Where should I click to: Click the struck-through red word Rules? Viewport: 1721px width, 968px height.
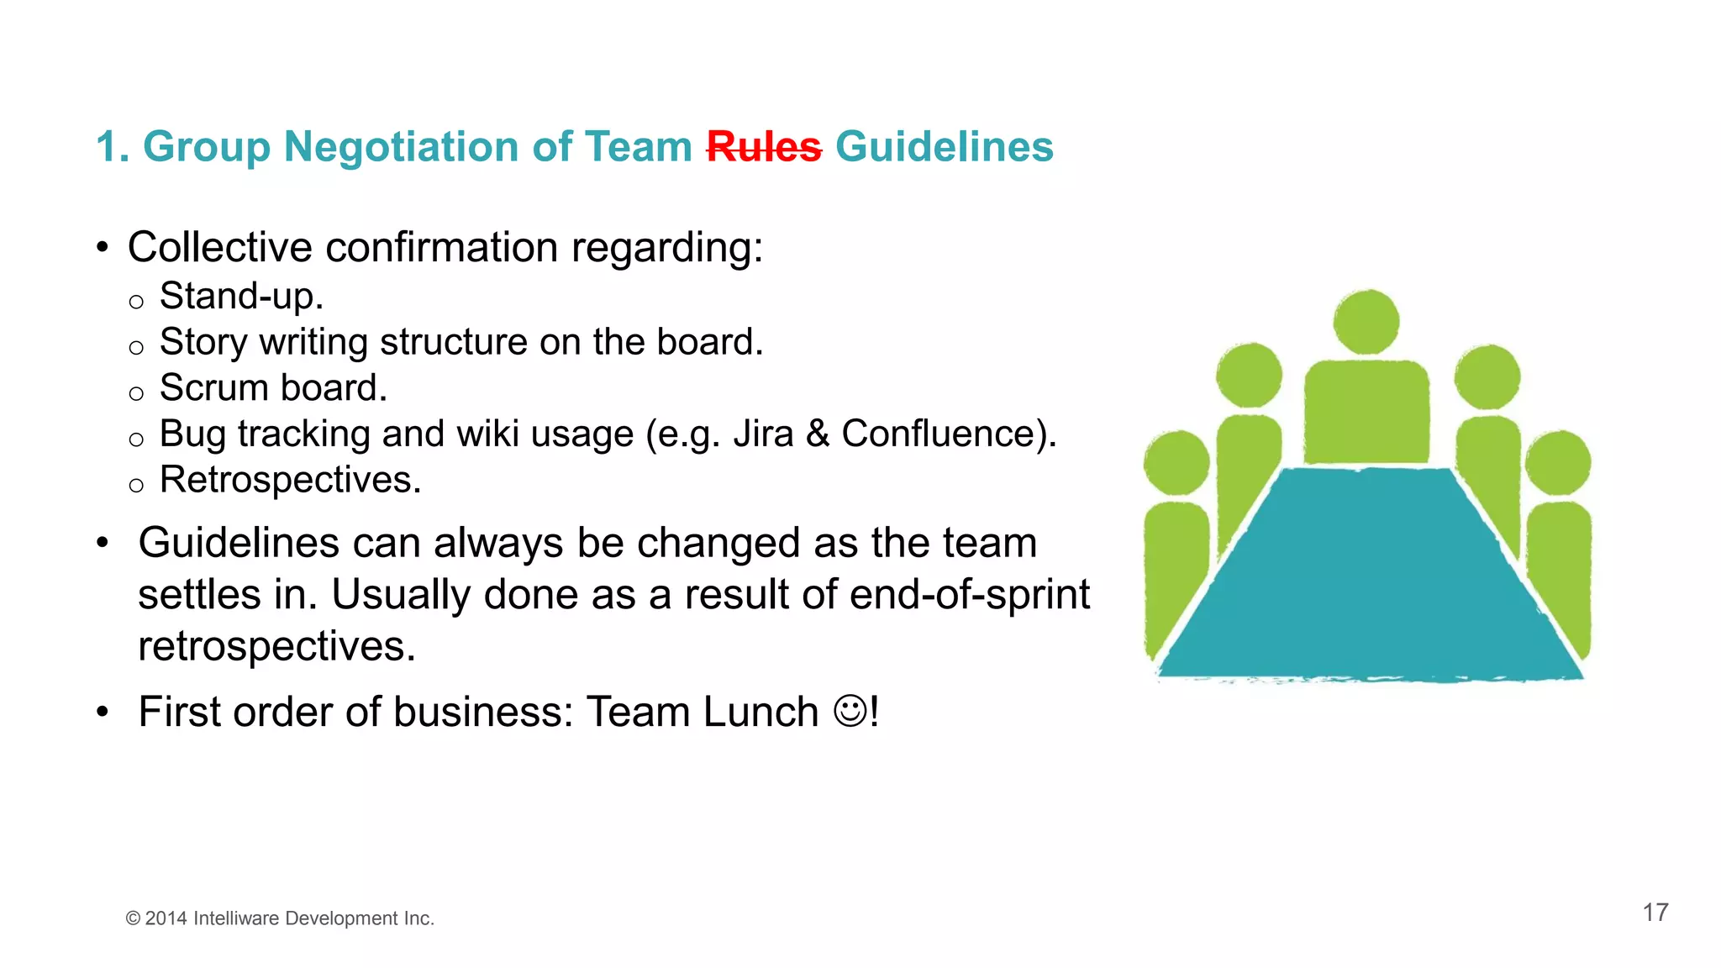763,147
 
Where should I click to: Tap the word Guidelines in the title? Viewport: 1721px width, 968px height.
944,147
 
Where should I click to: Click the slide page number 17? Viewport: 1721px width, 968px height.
1655,913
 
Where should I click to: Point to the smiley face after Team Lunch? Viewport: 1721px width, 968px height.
850,711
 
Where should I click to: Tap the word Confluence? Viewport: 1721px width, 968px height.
939,434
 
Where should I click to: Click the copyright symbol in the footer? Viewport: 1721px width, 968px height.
133,918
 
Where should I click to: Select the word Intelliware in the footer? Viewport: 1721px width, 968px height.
236,918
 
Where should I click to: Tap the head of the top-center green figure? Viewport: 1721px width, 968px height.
1366,321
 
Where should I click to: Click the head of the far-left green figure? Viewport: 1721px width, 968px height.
1176,462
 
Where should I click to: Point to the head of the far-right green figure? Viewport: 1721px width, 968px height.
1558,462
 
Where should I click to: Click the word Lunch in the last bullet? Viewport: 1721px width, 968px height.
761,712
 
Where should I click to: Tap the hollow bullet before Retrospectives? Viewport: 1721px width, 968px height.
136,485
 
